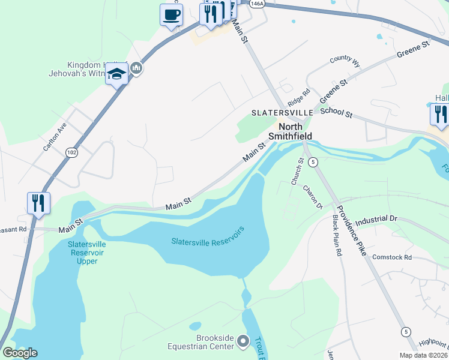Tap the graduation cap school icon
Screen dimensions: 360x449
click(x=116, y=74)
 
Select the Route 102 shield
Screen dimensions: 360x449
click(x=72, y=152)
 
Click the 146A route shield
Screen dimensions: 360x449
click(x=256, y=4)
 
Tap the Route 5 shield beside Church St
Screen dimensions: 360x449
click(x=313, y=161)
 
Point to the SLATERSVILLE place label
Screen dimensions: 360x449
click(x=282, y=112)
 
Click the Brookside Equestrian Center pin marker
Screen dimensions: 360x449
click(x=243, y=341)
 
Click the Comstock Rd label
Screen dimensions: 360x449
click(x=392, y=257)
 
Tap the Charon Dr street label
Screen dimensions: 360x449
click(x=313, y=196)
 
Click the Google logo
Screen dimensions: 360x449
click(x=20, y=353)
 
